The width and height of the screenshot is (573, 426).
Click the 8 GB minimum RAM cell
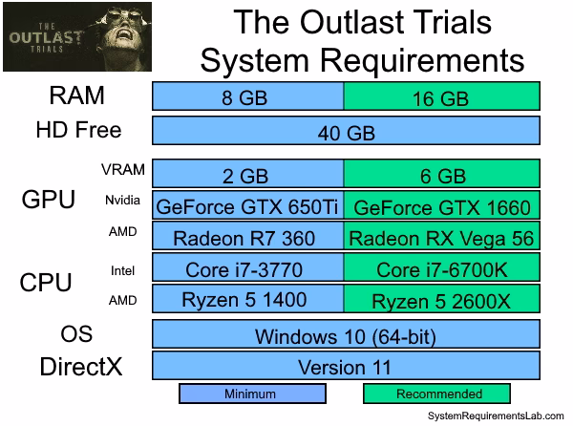click(248, 96)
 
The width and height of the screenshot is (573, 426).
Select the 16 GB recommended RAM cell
click(442, 96)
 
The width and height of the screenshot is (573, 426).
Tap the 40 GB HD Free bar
click(346, 131)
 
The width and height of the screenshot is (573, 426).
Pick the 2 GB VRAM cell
click(248, 174)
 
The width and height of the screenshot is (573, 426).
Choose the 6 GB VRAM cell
click(442, 174)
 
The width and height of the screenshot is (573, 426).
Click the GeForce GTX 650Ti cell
click(248, 205)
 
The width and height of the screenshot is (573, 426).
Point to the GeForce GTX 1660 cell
click(442, 205)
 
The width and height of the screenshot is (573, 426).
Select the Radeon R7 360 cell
click(248, 236)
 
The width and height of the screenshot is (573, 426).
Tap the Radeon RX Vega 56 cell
click(442, 236)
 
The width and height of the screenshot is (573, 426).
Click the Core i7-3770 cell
click(248, 267)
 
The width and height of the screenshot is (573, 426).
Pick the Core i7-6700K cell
click(442, 267)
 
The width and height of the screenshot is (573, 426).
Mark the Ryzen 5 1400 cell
click(248, 299)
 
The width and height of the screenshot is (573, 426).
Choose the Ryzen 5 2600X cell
click(442, 299)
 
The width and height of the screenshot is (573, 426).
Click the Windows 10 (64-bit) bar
click(346, 334)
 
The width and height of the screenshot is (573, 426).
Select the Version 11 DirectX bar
click(346, 366)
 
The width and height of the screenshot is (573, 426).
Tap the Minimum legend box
click(252, 394)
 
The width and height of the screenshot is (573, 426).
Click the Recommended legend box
click(436, 394)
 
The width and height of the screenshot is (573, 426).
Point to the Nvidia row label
click(122, 201)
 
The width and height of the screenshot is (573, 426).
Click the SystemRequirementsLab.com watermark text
click(496, 415)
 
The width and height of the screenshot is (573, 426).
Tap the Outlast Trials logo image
click(77, 36)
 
